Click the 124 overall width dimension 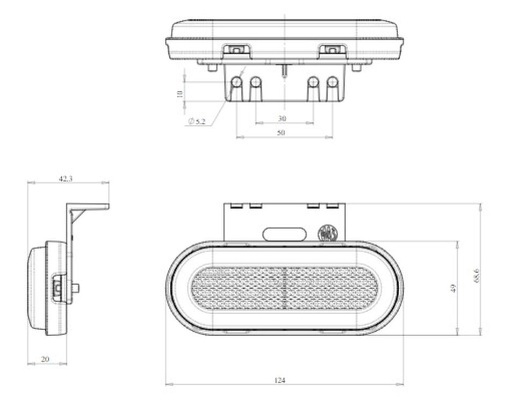pos(279,380)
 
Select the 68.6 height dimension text pos(476,275)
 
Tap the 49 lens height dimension pos(453,288)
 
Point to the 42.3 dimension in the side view pos(66,179)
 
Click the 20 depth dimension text pos(45,359)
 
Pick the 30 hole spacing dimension pos(282,118)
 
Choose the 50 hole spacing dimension pos(280,133)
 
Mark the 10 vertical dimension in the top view pos(180,94)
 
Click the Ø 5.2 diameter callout pos(197,122)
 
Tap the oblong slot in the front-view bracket pos(284,234)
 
